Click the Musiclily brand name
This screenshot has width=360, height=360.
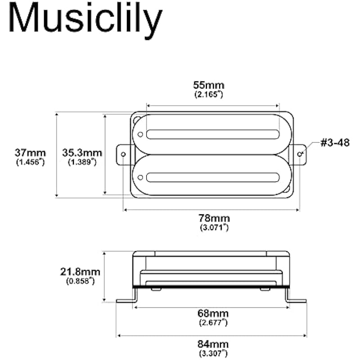pyautogui.click(x=85, y=20)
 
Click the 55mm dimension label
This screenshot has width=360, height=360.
pyautogui.click(x=208, y=85)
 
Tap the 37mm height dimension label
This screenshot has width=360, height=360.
pyautogui.click(x=30, y=153)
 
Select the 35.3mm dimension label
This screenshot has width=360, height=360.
pyautogui.click(x=82, y=153)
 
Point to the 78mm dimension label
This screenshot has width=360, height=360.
pyautogui.click(x=214, y=218)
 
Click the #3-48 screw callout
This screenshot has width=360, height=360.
pyautogui.click(x=335, y=143)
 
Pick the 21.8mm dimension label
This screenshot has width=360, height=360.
pyautogui.click(x=80, y=272)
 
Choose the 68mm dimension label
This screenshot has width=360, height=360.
pyautogui.click(x=213, y=313)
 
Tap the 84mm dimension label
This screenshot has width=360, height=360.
pyautogui.click(x=213, y=344)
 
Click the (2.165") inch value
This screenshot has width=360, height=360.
pyautogui.click(x=209, y=94)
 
